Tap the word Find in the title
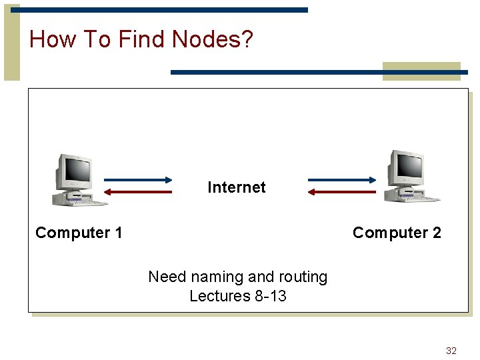[142, 39]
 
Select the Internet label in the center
[237, 187]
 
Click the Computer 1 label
[79, 233]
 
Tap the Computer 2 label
[397, 233]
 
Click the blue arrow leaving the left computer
[138, 179]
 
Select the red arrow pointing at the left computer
[138, 192]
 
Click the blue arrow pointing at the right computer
[342, 179]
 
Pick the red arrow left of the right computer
[342, 192]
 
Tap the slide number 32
[451, 351]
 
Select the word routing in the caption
[301, 277]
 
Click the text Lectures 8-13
[238, 296]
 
